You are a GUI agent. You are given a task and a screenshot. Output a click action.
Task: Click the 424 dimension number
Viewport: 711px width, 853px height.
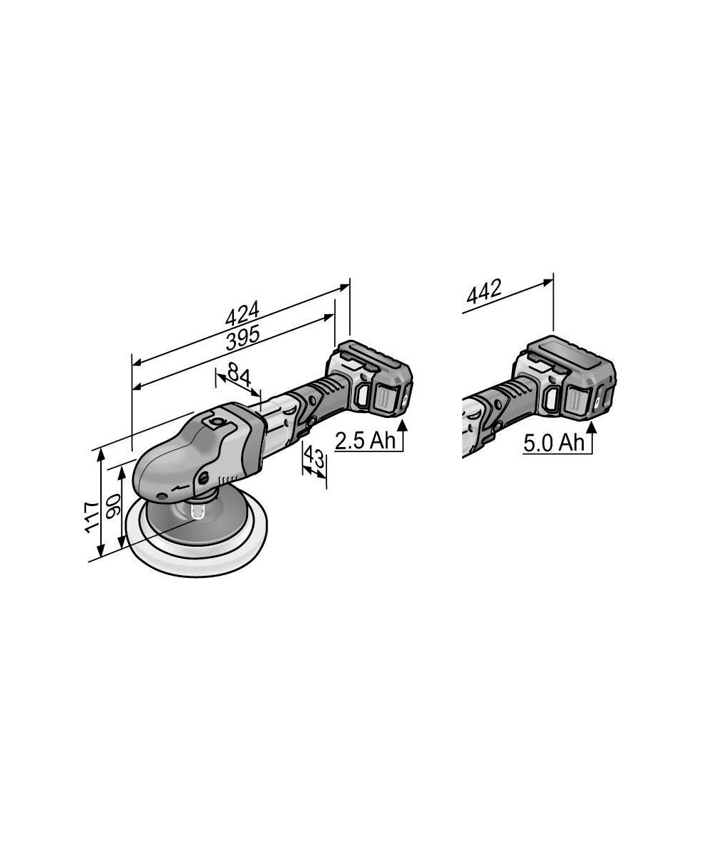click(x=242, y=313)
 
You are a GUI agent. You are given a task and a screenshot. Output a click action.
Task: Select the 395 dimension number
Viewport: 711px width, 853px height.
click(x=243, y=338)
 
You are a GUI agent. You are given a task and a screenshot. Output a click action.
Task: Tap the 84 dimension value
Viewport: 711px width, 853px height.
click(x=239, y=375)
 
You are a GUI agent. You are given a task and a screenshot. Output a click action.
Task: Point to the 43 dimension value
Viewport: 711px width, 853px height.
click(x=314, y=458)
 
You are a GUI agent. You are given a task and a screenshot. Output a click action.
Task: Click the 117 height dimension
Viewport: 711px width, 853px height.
click(x=92, y=517)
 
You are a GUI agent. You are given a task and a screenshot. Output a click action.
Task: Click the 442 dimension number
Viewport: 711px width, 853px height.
click(x=483, y=291)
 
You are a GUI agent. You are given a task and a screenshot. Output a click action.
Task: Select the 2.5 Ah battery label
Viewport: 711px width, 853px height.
click(x=365, y=441)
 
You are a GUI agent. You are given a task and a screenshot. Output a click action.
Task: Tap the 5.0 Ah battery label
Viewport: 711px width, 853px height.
click(x=554, y=443)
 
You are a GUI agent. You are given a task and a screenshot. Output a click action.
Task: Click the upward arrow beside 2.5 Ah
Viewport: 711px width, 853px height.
click(x=402, y=434)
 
